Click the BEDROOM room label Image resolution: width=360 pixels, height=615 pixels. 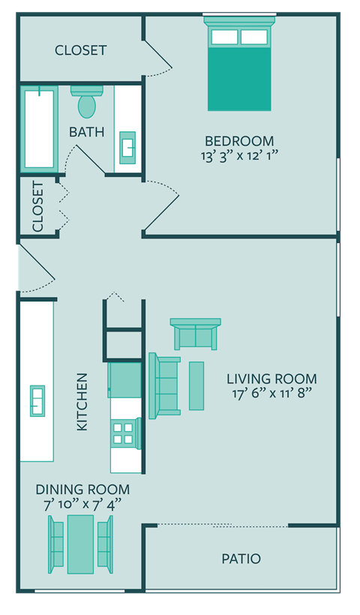[239, 141]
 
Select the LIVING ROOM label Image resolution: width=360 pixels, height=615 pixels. [271, 379]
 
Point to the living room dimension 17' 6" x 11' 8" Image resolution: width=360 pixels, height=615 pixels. [271, 394]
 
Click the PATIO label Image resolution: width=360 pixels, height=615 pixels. [241, 559]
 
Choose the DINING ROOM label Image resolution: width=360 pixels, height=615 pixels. [82, 490]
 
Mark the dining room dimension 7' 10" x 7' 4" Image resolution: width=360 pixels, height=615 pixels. [82, 504]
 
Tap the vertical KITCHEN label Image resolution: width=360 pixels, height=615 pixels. [82, 402]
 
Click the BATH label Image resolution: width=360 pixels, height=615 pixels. [87, 132]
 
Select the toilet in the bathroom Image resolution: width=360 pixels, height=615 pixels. [87, 101]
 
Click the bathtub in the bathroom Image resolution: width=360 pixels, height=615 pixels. [38, 127]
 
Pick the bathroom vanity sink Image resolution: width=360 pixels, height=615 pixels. [127, 146]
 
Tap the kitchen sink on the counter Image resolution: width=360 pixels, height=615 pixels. [37, 400]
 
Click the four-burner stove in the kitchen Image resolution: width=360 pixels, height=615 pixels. [123, 433]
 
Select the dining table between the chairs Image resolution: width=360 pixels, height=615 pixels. [81, 541]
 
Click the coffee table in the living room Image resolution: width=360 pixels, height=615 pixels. [196, 385]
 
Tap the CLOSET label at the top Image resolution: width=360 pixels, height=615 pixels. [81, 50]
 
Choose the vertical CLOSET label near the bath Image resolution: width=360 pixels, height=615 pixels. [37, 206]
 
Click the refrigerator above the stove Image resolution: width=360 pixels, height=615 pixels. [124, 379]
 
